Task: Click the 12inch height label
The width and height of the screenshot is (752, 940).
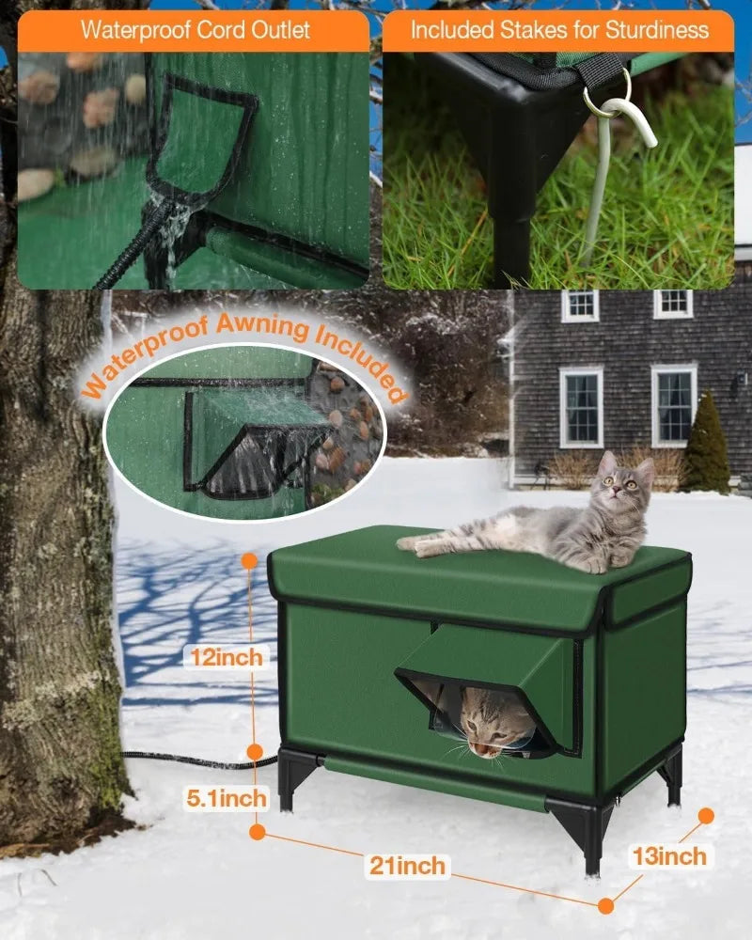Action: pyautogui.click(x=227, y=657)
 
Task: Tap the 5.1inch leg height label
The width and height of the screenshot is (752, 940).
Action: pyautogui.click(x=227, y=798)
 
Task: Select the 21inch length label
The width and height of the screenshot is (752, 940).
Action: pyautogui.click(x=407, y=866)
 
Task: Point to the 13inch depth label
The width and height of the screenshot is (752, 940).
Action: pyautogui.click(x=669, y=856)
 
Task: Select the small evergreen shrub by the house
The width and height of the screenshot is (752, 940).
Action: pyautogui.click(x=708, y=443)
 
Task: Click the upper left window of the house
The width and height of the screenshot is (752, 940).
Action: pyautogui.click(x=580, y=305)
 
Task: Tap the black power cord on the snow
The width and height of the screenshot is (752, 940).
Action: pyautogui.click(x=199, y=760)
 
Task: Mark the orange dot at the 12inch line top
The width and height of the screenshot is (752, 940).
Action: pyautogui.click(x=249, y=561)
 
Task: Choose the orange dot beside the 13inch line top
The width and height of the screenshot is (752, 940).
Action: pyautogui.click(x=707, y=816)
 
